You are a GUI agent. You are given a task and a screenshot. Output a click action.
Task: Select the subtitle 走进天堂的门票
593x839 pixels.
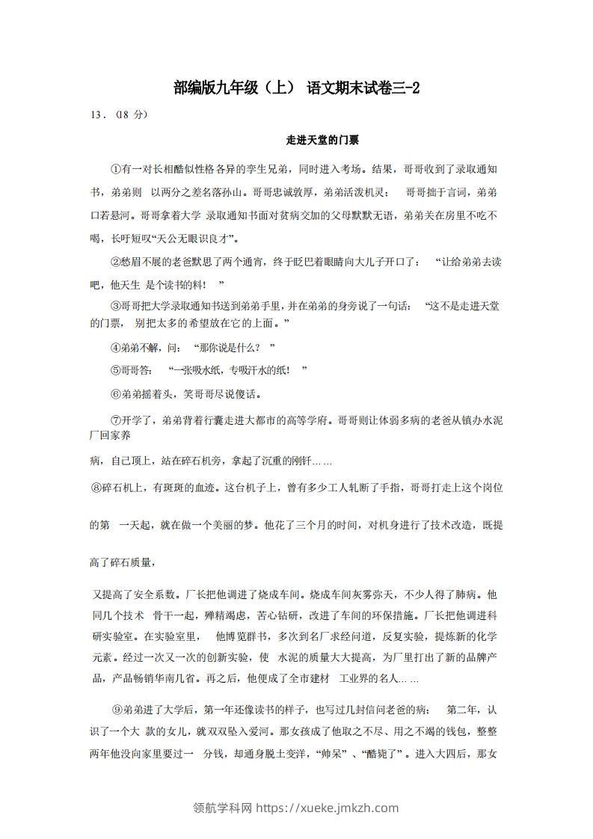[x=297, y=140]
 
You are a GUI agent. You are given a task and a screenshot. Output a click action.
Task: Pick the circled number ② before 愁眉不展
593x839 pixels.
[x=115, y=262]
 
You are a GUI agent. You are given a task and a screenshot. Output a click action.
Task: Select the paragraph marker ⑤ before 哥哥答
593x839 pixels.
[x=115, y=370]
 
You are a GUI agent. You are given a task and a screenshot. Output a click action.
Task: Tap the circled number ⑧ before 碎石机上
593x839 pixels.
[x=95, y=488]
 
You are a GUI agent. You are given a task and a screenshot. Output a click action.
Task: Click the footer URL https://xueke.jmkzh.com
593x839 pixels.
[x=328, y=808]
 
